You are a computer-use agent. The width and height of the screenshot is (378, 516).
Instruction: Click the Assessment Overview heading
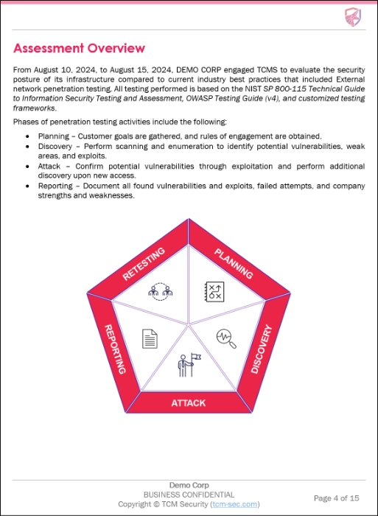tap(79, 49)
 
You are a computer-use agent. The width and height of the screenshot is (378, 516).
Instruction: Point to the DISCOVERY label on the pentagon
tap(262, 348)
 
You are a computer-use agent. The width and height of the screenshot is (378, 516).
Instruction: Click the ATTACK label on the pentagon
tap(189, 403)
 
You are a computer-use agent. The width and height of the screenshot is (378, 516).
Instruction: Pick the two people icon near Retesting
tap(161, 291)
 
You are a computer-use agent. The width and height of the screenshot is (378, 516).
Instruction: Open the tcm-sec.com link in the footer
tap(234, 504)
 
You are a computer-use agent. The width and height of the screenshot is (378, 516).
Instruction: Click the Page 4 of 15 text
tap(337, 498)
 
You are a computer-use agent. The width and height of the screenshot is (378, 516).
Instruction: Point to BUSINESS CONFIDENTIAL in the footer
tap(189, 495)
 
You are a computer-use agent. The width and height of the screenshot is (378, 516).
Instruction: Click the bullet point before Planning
tap(27, 136)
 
